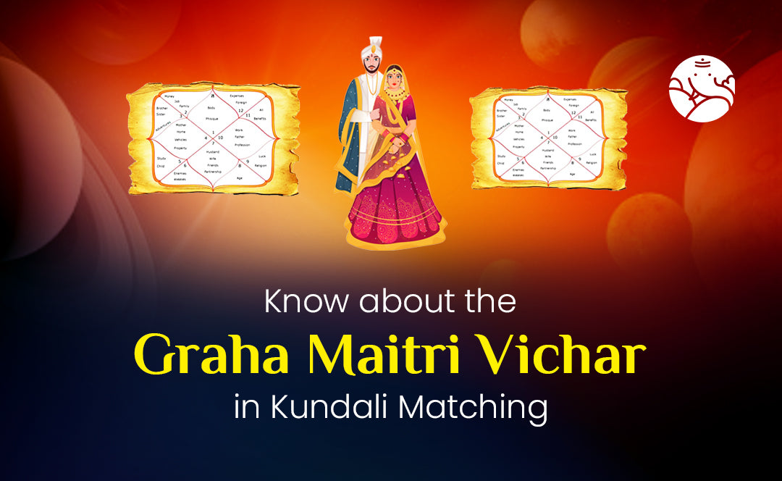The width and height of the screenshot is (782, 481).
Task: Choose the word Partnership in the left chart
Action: point(212,172)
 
